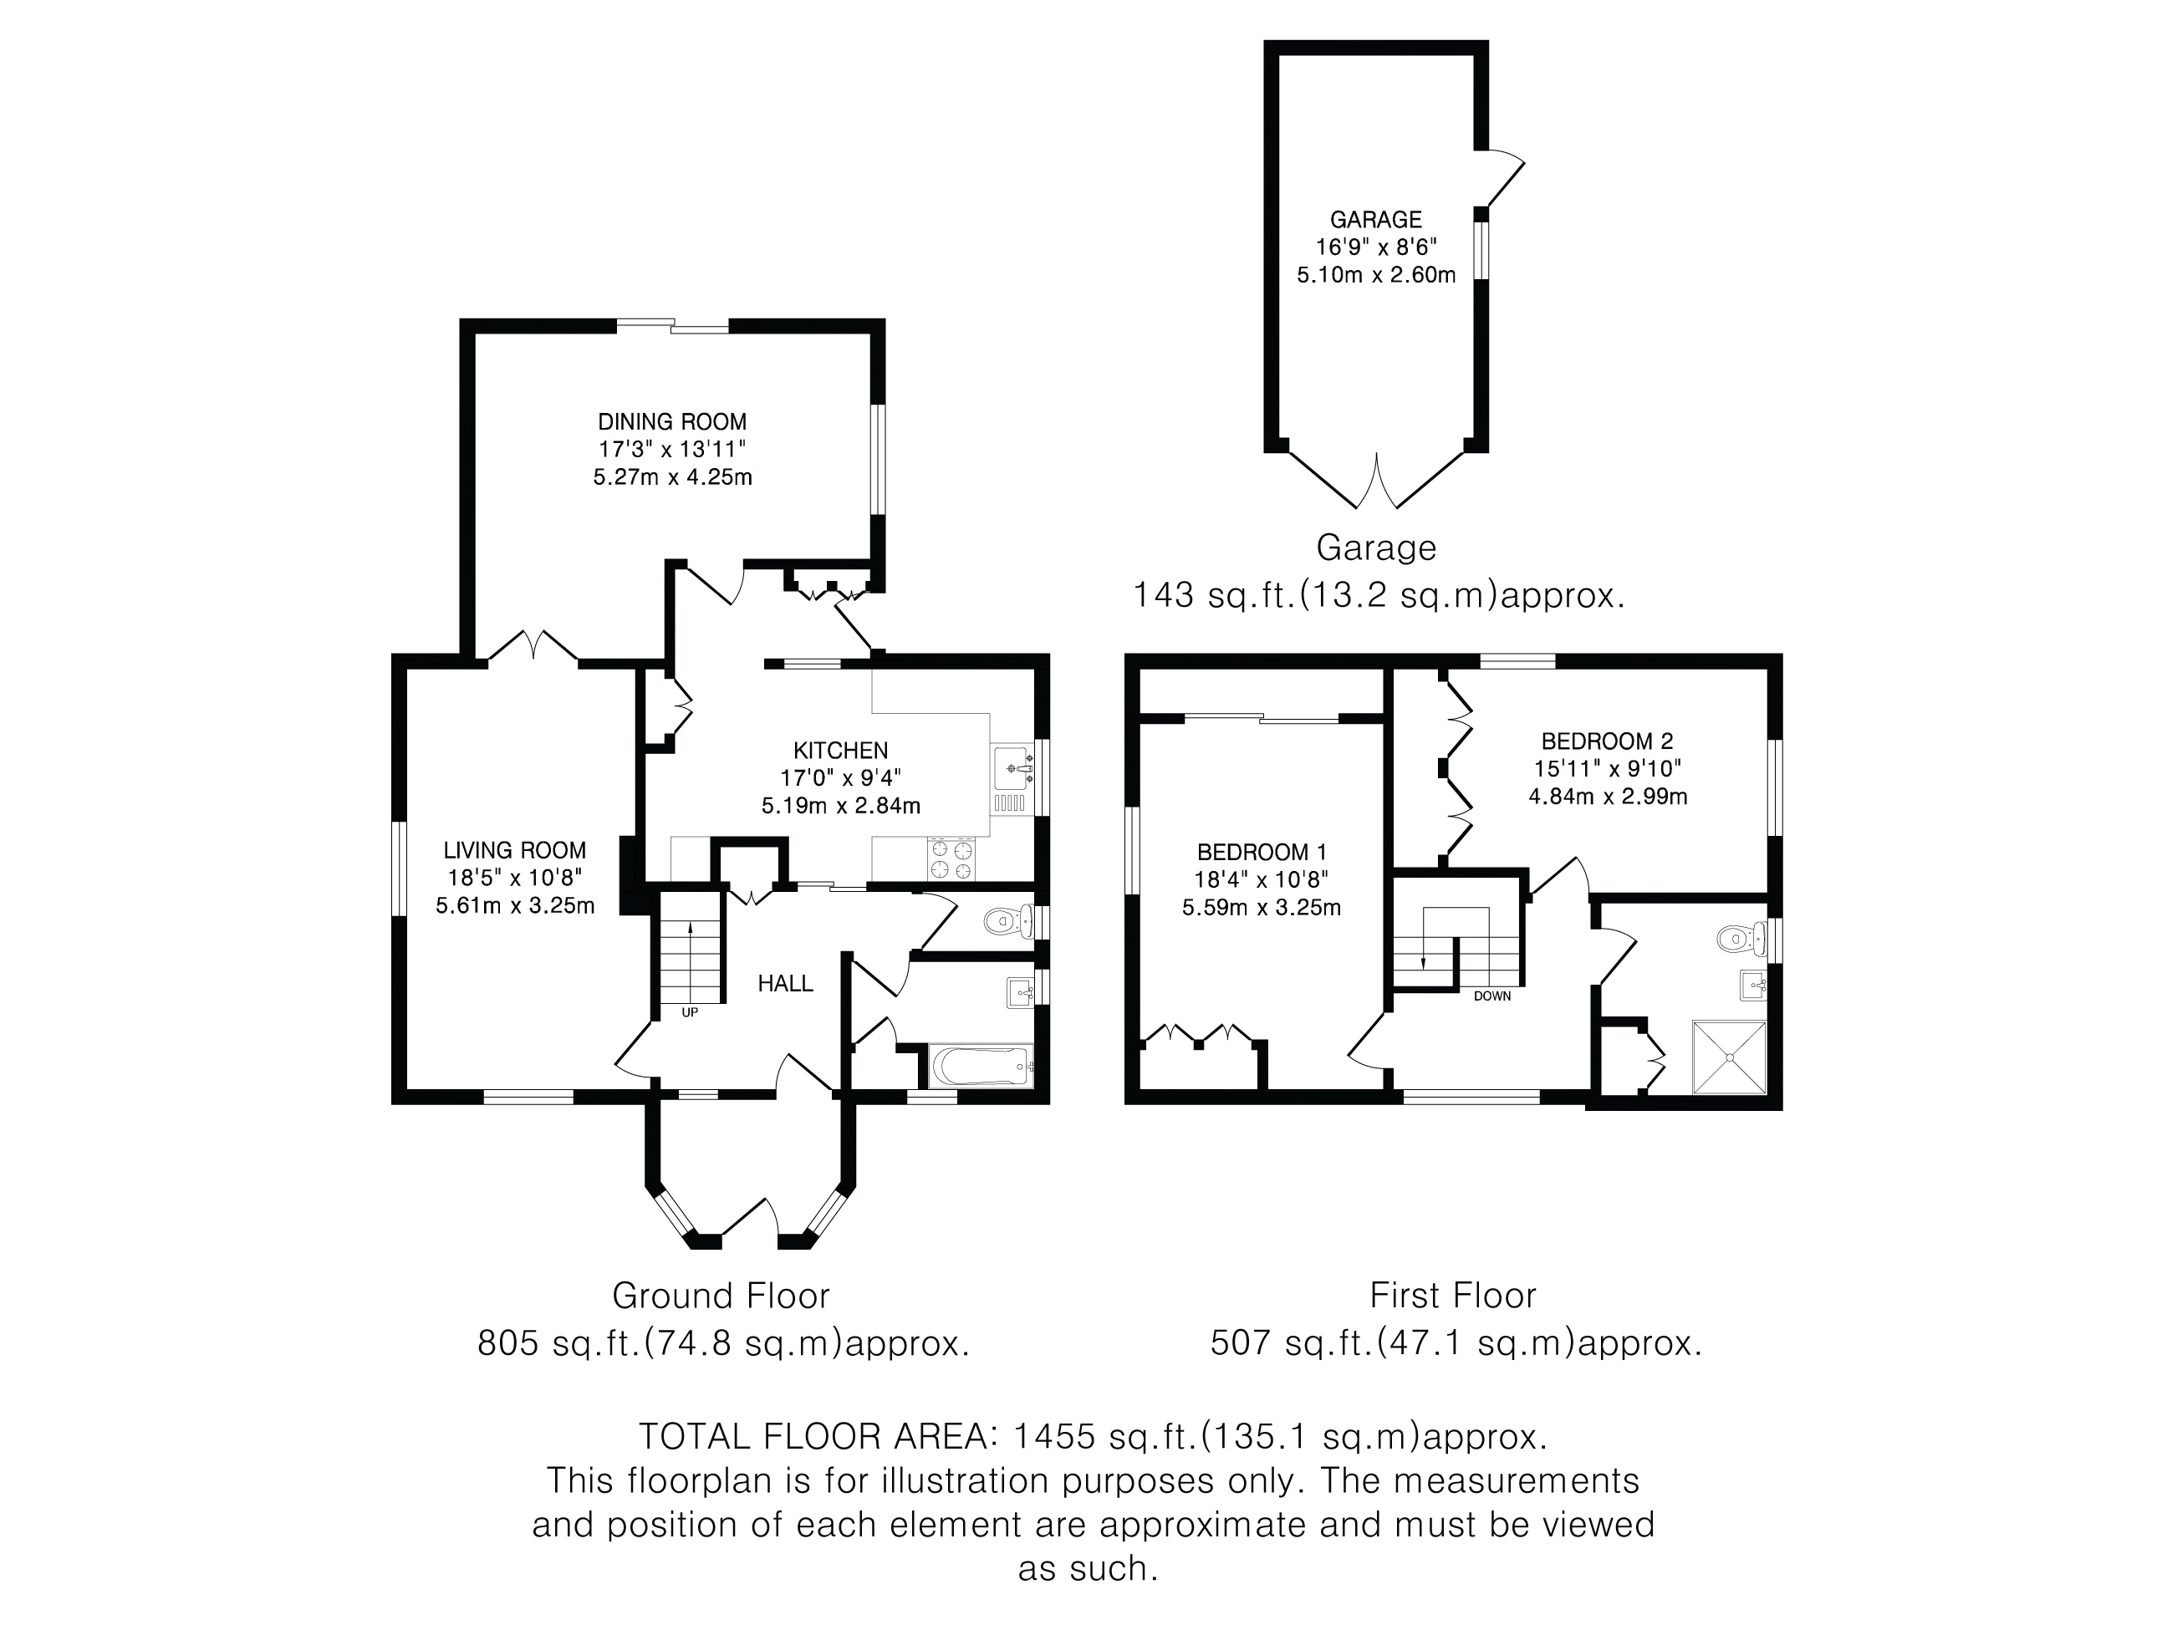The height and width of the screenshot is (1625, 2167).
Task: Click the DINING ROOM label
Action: pos(672,422)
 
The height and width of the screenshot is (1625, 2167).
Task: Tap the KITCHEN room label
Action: pos(840,751)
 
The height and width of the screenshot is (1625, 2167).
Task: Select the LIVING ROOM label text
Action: pos(514,851)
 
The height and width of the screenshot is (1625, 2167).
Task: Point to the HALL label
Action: pos(786,983)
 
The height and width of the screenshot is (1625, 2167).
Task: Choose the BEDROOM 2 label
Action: pos(1608,741)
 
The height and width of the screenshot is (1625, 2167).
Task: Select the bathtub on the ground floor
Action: pos(980,1065)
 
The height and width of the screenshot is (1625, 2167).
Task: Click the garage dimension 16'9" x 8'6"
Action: pos(1376,247)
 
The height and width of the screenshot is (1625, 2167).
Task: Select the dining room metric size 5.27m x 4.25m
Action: pos(673,478)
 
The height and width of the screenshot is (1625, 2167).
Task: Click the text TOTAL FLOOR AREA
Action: pos(813,1437)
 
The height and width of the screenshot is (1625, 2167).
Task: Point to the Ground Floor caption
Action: pos(721,1296)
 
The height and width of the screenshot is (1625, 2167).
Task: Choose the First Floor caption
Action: pos(1453,1296)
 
